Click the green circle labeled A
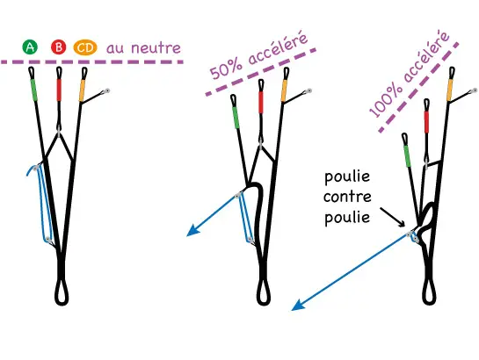[30, 47]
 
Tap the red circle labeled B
[58, 47]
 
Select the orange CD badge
[85, 47]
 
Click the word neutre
[156, 48]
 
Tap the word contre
[347, 197]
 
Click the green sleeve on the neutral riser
[33, 87]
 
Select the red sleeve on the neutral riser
[59, 90]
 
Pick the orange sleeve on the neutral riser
[82, 90]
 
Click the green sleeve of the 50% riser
[236, 118]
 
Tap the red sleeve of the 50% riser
[261, 102]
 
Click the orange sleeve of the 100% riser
[450, 90]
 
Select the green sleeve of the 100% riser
[407, 156]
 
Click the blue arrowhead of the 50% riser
[192, 231]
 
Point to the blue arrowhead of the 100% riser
[297, 306]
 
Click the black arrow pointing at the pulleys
[393, 217]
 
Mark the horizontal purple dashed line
[92, 62]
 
